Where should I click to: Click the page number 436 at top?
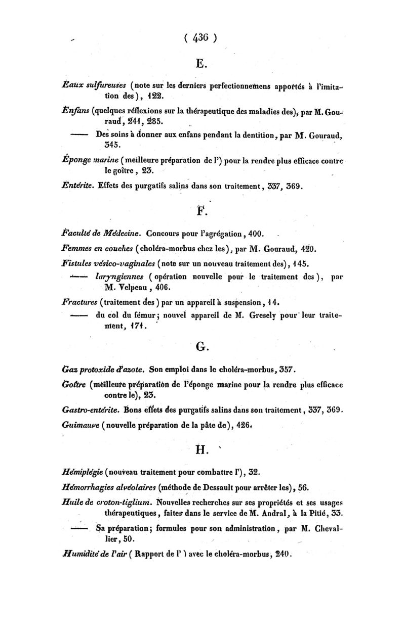pyautogui.click(x=201, y=38)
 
